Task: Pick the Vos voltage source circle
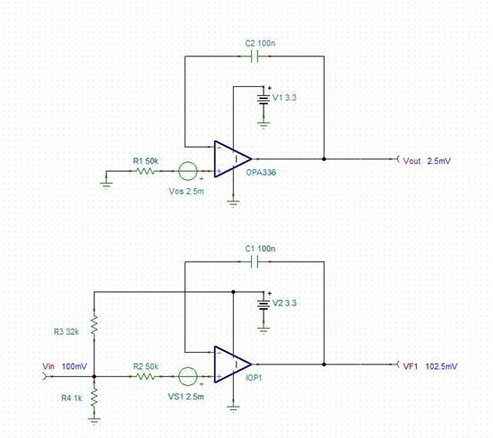point(188,171)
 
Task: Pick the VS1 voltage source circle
point(188,377)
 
